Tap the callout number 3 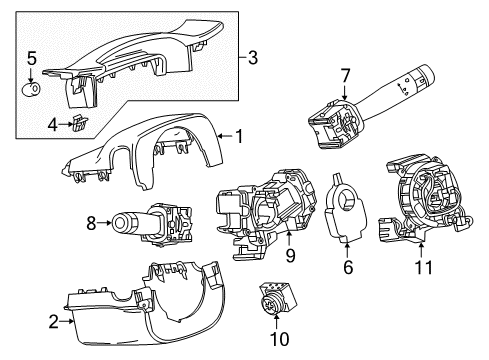click(x=252, y=59)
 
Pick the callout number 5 click(x=31, y=58)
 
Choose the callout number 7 click(x=344, y=77)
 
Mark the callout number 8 click(x=92, y=223)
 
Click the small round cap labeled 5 click(x=32, y=88)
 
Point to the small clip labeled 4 click(x=75, y=123)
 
